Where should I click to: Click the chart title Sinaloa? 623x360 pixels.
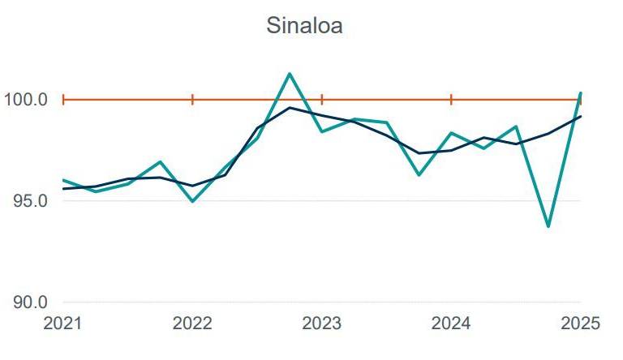pos(305,26)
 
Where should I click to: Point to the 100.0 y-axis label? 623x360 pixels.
pos(26,100)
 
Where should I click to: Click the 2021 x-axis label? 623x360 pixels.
pos(63,324)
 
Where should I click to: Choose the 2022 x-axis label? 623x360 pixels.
pos(192,324)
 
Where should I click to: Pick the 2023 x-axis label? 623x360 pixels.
pos(322,324)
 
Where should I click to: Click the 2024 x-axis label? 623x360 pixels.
pos(451,324)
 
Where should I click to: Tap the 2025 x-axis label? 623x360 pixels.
pos(580,324)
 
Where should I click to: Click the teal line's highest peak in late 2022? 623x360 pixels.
pos(290,74)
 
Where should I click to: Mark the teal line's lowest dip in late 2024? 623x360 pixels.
pos(548,226)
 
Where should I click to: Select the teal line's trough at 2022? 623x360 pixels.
pos(192,201)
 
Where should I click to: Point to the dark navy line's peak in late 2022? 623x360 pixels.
pos(290,107)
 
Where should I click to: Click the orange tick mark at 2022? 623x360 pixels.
pos(192,100)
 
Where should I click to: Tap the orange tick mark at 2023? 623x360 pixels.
pos(322,100)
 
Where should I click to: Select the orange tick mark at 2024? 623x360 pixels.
pos(451,100)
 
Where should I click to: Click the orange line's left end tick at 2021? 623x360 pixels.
pos(63,100)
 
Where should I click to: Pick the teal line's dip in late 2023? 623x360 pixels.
pos(419,174)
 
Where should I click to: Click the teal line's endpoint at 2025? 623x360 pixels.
pos(580,93)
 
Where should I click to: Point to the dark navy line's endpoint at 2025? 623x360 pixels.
pos(580,116)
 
